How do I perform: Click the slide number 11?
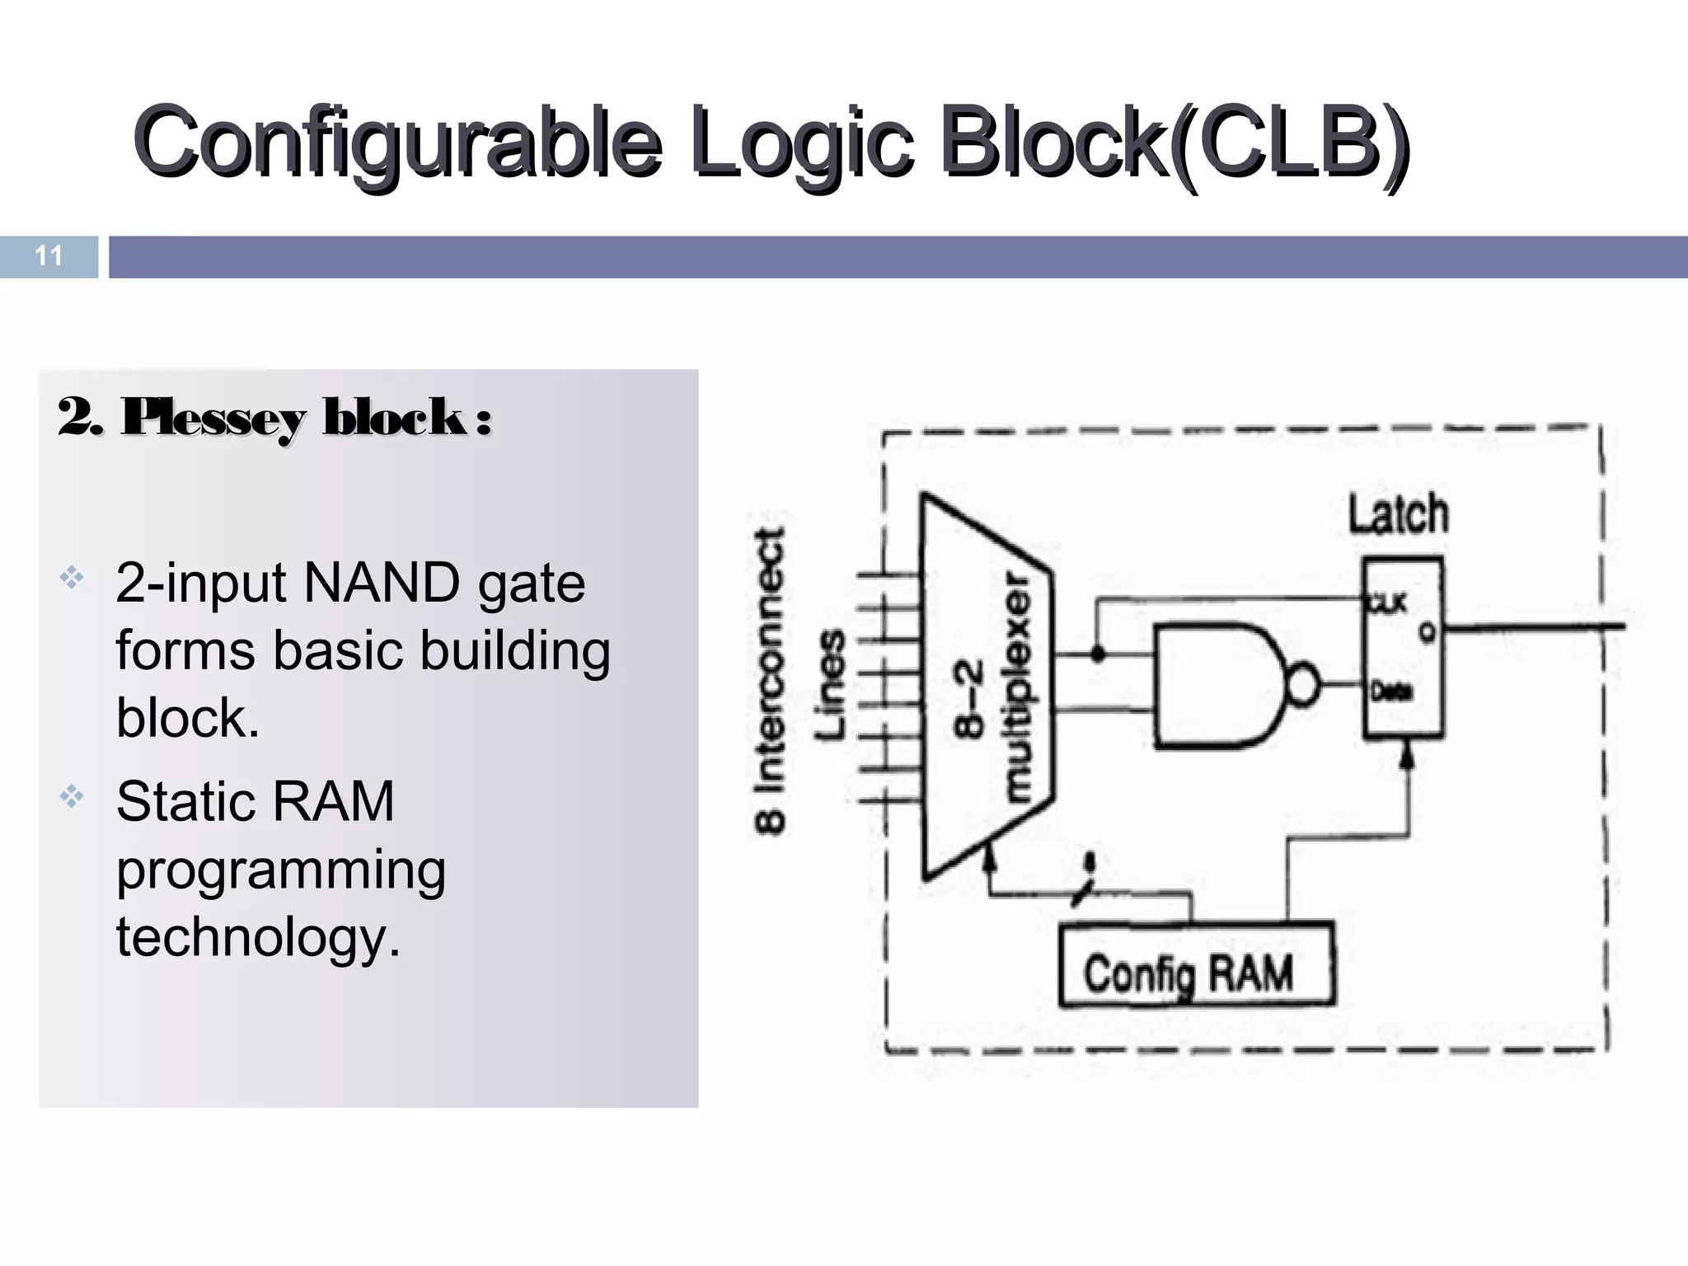(49, 256)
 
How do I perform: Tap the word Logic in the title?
(802, 142)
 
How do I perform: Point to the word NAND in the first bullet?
(382, 584)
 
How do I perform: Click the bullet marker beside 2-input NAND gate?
(72, 578)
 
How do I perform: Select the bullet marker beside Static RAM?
(72, 796)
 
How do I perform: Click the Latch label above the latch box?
(1398, 515)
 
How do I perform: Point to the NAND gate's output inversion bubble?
(1302, 685)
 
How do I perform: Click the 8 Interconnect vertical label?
(771, 680)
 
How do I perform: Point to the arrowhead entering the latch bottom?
(1408, 754)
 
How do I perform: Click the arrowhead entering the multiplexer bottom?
(990, 860)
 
